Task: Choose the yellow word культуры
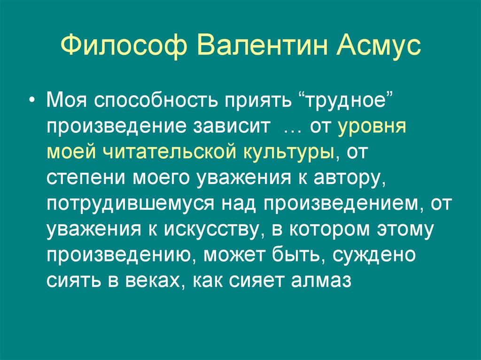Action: [288, 153]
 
